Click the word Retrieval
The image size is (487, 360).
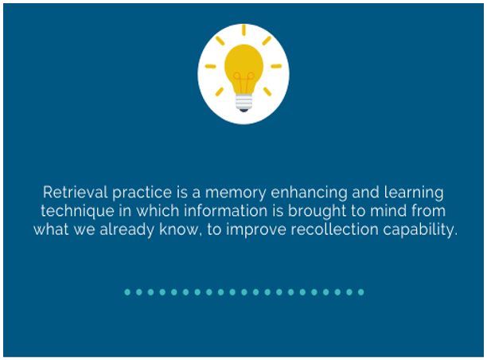point(76,192)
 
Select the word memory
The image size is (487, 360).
point(236,194)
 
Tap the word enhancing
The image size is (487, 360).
point(309,193)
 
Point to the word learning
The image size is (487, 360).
point(414,193)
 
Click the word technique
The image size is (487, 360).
point(77,211)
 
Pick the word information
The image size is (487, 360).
point(226,210)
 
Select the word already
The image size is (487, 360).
point(127,230)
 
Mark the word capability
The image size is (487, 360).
point(420,230)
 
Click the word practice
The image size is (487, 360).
point(142,193)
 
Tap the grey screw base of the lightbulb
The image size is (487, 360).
point(243,102)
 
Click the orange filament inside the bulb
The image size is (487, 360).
point(243,82)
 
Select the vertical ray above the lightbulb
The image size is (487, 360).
point(243,29)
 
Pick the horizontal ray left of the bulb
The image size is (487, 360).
point(211,66)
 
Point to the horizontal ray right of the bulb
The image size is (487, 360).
point(276,66)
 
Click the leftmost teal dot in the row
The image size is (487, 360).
point(127,292)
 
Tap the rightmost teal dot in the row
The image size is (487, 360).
point(361,292)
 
